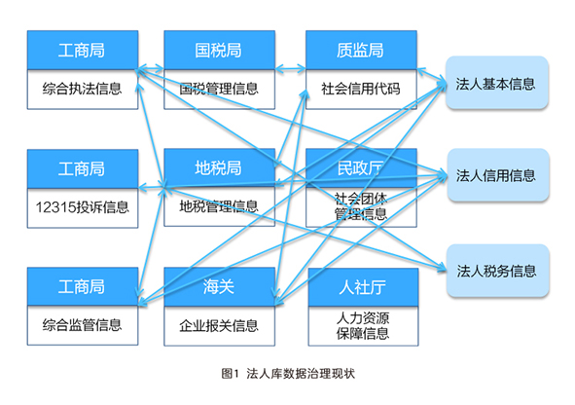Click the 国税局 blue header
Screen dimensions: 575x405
[x=219, y=50]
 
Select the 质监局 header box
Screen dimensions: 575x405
[x=361, y=50]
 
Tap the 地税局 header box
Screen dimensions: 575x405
[x=219, y=168]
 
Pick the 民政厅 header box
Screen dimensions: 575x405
[x=361, y=168]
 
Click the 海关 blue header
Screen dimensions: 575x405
[x=219, y=286]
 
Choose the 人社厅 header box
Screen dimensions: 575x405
[x=363, y=287]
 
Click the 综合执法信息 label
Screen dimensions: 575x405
[x=82, y=89]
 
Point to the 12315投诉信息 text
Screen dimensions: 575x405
[x=82, y=207]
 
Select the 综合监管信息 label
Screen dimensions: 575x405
[x=82, y=325]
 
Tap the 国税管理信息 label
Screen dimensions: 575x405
[x=219, y=89]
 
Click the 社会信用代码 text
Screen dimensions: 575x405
[x=361, y=89]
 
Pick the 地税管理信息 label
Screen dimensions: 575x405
[x=219, y=206]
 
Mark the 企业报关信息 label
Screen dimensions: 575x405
[x=219, y=326]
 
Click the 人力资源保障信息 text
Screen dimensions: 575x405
[x=363, y=326]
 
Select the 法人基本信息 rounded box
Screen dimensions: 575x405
[x=497, y=83]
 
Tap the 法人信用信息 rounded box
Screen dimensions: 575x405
[x=497, y=175]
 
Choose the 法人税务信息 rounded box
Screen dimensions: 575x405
[x=497, y=271]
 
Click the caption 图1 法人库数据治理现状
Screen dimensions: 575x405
[x=288, y=374]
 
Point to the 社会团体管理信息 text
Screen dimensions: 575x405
[x=361, y=205]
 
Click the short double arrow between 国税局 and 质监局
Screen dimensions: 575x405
[x=291, y=68]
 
